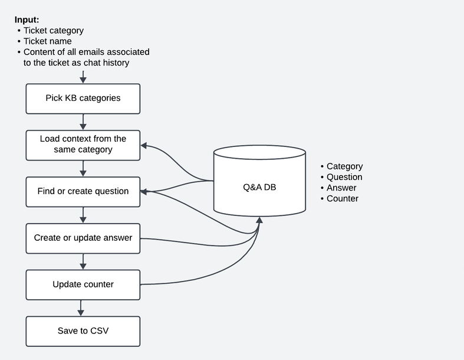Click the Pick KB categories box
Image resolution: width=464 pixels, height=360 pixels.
pos(83,99)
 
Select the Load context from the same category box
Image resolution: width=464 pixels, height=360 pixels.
pos(83,145)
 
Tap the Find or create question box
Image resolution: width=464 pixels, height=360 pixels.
pos(83,191)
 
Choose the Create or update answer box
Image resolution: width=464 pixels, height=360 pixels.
pos(83,238)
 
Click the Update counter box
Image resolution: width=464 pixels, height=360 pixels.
pos(83,284)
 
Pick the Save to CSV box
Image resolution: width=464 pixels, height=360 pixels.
pos(83,331)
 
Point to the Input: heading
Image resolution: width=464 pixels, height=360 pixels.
pos(27,19)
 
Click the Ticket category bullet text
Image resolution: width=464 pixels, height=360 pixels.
pos(54,30)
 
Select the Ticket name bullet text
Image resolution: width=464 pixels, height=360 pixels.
pos(48,41)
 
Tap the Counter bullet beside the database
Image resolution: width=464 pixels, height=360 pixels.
pos(343,199)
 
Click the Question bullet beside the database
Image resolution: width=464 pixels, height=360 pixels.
pos(344,177)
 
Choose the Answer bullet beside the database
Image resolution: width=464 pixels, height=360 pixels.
pos(341,188)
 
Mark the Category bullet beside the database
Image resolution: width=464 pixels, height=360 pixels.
pos(345,166)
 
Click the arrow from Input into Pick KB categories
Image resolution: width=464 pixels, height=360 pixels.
pos(83,77)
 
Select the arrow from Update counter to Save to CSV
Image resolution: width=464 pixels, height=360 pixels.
pos(81,307)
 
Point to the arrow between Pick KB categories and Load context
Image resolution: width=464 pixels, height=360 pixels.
pos(83,122)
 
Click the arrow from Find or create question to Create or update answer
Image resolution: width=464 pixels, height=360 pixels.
pos(83,215)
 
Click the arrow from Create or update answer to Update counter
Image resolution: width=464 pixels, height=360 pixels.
pos(83,261)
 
